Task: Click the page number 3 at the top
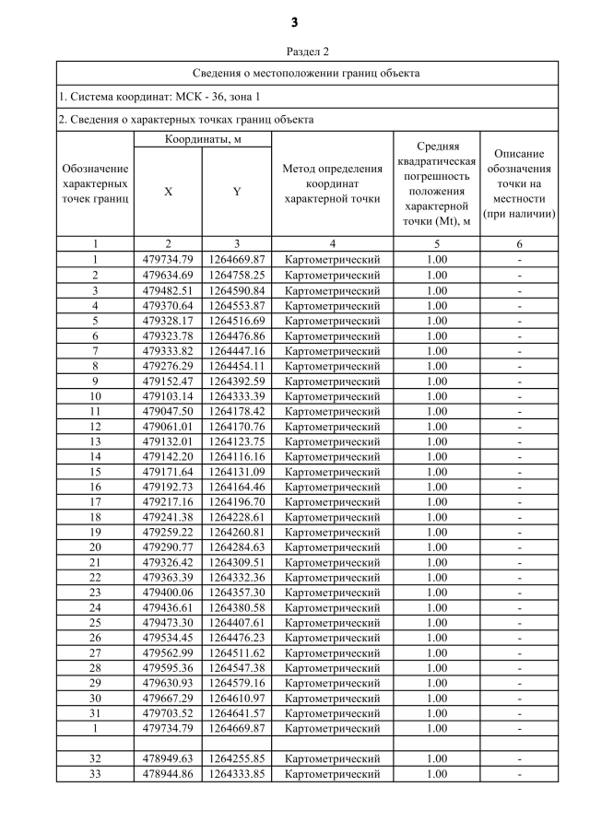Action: click(294, 22)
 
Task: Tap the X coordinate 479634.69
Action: click(168, 275)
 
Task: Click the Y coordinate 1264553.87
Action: click(237, 305)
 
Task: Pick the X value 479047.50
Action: click(168, 411)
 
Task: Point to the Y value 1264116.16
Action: click(237, 456)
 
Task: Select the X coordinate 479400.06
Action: click(168, 593)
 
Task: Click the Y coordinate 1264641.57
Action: click(237, 713)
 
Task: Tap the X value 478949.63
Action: click(168, 758)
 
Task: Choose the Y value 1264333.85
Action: click(237, 774)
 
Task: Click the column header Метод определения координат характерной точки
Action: click(332, 183)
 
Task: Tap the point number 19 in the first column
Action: click(95, 532)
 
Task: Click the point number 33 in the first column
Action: click(95, 774)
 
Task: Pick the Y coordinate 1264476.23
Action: click(237, 638)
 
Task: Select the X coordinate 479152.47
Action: click(168, 381)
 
